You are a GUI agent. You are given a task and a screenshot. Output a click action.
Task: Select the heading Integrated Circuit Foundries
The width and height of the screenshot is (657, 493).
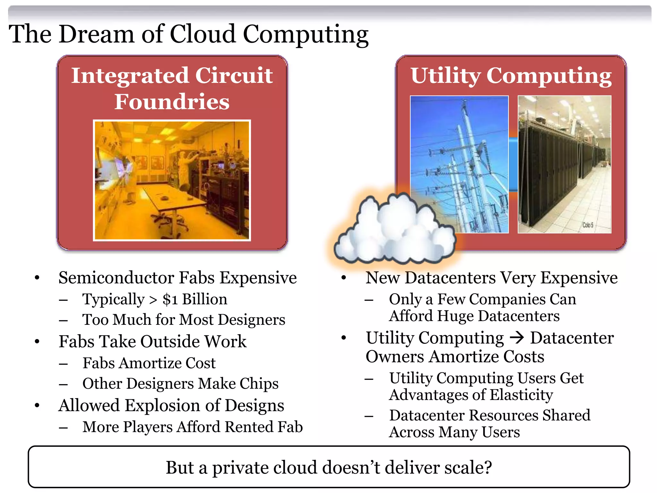172,88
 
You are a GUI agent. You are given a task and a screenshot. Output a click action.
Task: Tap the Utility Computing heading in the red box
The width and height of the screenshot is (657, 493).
511,76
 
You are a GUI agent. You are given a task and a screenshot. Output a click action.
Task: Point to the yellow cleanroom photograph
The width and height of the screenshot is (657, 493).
172,180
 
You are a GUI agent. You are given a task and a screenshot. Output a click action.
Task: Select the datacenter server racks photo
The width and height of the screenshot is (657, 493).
564,164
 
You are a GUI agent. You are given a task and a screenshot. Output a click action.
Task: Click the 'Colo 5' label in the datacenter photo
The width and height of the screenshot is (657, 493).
588,225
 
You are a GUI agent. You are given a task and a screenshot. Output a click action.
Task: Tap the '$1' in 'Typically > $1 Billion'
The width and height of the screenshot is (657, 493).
170,299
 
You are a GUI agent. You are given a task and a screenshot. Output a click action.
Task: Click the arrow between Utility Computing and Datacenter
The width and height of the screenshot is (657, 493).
517,338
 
